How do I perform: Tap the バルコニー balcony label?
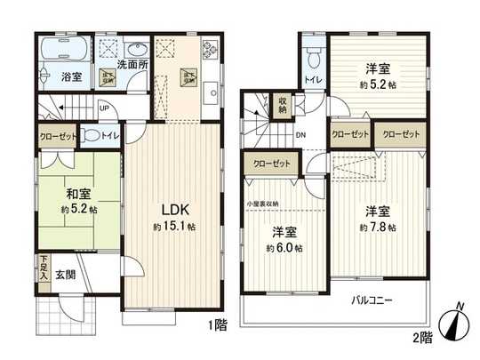click(x=371, y=300)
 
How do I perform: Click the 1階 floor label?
click(x=218, y=324)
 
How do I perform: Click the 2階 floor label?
click(x=421, y=337)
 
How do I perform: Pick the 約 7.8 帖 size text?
click(x=378, y=227)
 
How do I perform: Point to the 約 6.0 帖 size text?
click(x=284, y=248)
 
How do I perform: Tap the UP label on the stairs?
click(x=105, y=110)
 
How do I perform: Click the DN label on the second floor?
click(x=300, y=135)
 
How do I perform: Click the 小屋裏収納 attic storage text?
click(x=263, y=204)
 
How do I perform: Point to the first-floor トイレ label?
click(x=108, y=136)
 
